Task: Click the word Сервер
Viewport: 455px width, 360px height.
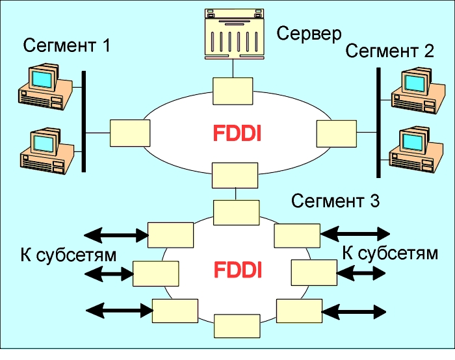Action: click(309, 33)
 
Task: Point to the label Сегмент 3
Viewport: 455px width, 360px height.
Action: click(335, 201)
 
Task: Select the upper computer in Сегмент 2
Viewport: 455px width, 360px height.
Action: click(411, 89)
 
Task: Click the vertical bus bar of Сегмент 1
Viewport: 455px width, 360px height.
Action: click(84, 122)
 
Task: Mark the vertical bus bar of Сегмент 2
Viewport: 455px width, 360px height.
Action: click(378, 122)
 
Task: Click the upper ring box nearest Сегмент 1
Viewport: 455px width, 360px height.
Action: click(130, 133)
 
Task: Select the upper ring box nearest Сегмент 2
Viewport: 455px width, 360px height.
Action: click(336, 133)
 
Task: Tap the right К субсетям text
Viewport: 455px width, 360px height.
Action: click(390, 253)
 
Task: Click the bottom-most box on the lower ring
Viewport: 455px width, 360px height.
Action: click(235, 325)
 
